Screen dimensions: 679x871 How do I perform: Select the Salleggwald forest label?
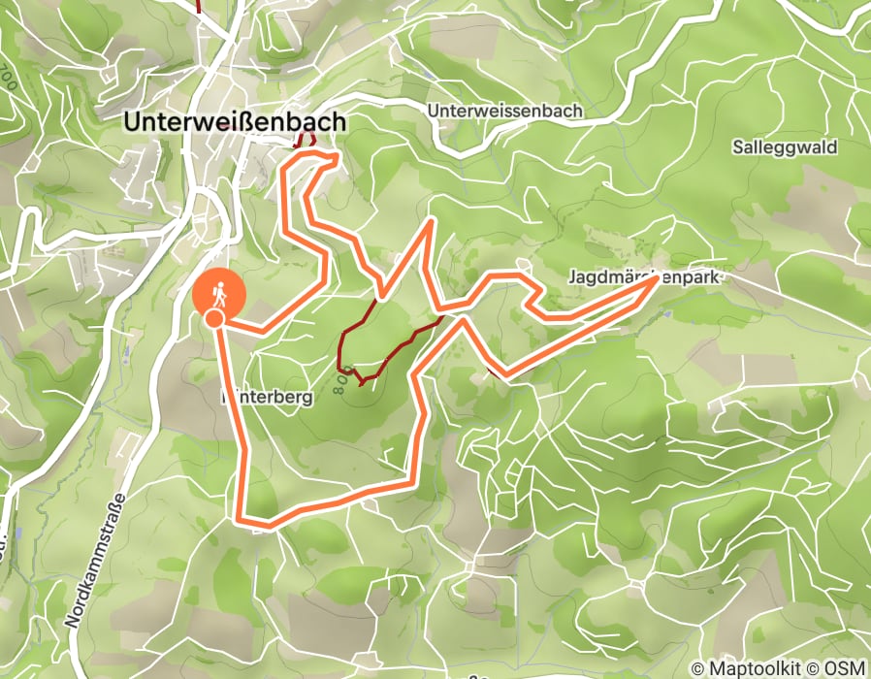(786, 147)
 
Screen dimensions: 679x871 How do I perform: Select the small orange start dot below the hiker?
(214, 317)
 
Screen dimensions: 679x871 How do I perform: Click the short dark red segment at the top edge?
(198, 6)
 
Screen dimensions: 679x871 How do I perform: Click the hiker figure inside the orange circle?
(220, 290)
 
